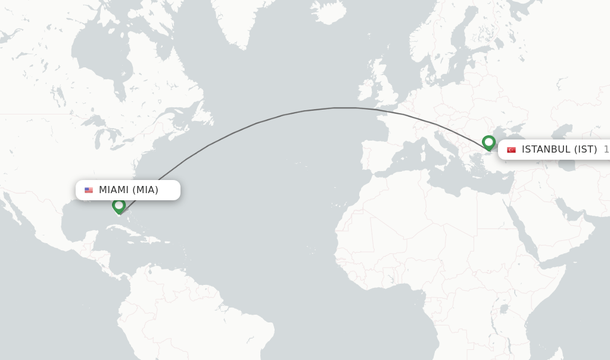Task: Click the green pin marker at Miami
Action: pyautogui.click(x=119, y=206)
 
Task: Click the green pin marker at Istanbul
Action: pyautogui.click(x=488, y=142)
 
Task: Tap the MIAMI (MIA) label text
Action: pyautogui.click(x=129, y=190)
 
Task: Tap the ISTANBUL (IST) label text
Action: pyautogui.click(x=559, y=150)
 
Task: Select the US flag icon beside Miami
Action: pyautogui.click(x=89, y=190)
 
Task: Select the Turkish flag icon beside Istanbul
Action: pyautogui.click(x=511, y=150)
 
